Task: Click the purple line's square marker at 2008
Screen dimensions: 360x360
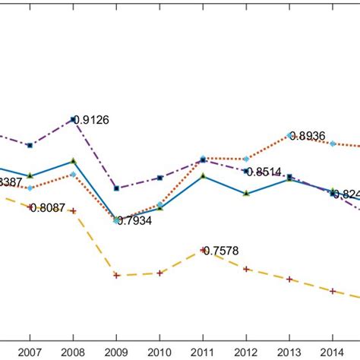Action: (x=73, y=119)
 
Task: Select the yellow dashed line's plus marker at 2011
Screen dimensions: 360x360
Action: (x=203, y=250)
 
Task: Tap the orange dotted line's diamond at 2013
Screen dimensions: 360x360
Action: (x=289, y=135)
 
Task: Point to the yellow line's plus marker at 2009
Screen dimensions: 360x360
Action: (x=116, y=275)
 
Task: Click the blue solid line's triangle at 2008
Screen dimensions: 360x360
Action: (x=73, y=160)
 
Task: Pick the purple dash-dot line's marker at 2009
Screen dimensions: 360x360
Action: (x=116, y=188)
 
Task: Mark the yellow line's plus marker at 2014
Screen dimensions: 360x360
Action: (x=333, y=290)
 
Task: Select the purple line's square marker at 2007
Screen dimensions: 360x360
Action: (x=30, y=145)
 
